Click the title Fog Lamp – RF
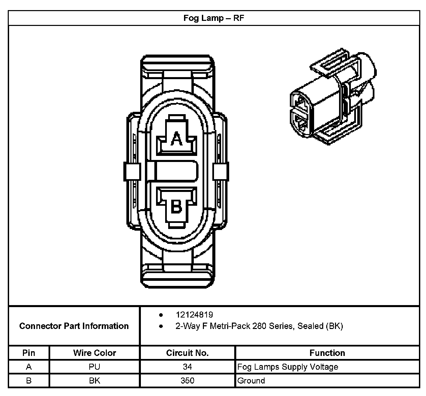[214, 18]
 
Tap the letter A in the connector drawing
[176, 138]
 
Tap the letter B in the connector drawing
[176, 206]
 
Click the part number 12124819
[194, 315]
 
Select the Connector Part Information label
[74, 326]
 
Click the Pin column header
[29, 353]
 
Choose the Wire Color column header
[94, 353]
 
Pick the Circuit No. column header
[187, 353]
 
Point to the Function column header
[327, 353]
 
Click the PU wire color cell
[94, 367]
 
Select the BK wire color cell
[94, 381]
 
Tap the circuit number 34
[187, 367]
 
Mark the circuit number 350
[187, 381]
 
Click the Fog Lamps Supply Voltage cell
[287, 367]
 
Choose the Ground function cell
[251, 381]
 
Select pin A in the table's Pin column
[29, 367]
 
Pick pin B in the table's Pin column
[29, 381]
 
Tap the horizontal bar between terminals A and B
[173, 172]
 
